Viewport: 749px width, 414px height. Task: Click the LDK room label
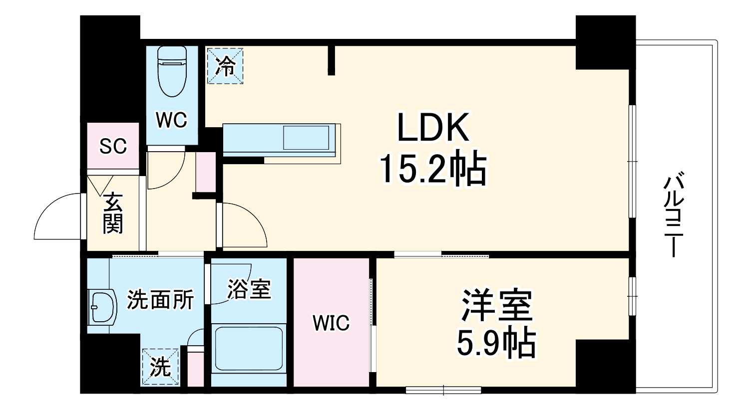click(433, 128)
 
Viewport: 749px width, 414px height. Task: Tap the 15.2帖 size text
click(433, 170)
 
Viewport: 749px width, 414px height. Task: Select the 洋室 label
click(497, 305)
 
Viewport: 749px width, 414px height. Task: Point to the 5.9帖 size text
click(497, 343)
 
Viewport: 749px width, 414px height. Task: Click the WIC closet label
click(331, 323)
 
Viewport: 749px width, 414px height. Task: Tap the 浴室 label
click(249, 289)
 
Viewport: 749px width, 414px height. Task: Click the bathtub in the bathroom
click(249, 348)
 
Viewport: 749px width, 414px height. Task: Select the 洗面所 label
click(160, 300)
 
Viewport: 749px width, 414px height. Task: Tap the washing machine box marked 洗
click(160, 367)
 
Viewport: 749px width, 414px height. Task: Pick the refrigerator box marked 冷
click(225, 66)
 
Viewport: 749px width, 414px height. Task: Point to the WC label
click(171, 120)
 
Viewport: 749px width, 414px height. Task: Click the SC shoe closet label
click(113, 146)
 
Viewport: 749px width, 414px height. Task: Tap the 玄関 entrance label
click(113, 212)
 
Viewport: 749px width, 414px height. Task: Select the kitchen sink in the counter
click(306, 137)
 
